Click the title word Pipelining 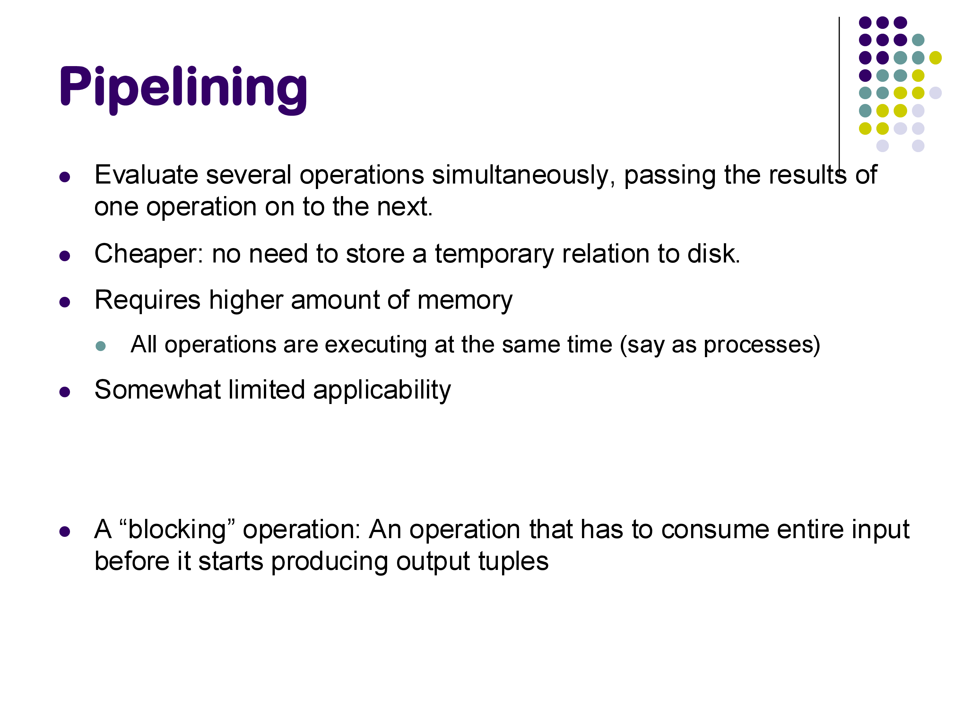point(183,90)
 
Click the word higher point(246,301)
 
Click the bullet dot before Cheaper point(65,256)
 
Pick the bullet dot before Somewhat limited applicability point(65,392)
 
